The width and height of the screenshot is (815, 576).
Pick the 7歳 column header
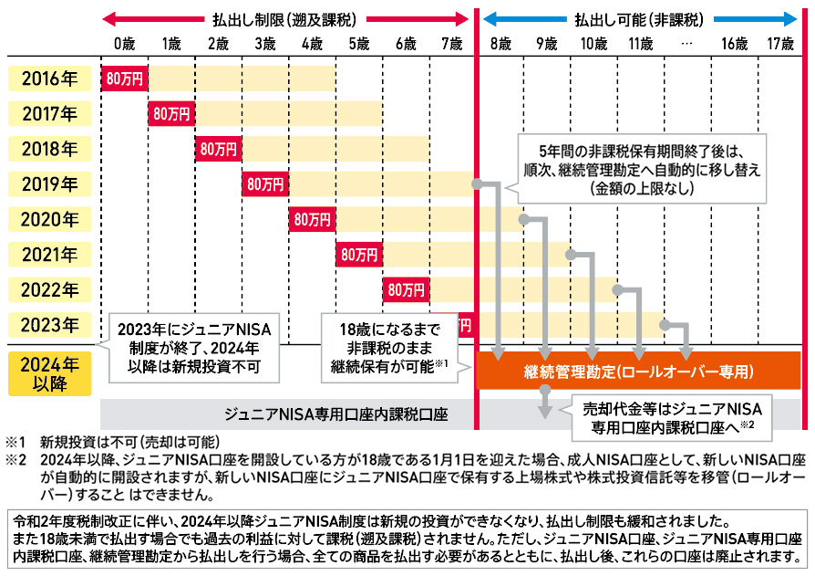click(451, 43)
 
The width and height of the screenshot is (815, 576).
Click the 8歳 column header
click(499, 43)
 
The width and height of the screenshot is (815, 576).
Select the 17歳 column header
click(780, 43)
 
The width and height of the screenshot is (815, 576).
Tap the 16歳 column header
click(734, 43)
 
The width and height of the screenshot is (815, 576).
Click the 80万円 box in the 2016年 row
click(124, 79)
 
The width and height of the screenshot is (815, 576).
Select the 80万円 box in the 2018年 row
click(218, 149)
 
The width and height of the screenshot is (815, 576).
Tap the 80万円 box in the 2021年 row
click(358, 255)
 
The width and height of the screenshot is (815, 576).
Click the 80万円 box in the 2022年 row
click(406, 290)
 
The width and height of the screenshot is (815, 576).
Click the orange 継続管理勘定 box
click(638, 372)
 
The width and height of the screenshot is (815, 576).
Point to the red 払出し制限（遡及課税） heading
click(284, 17)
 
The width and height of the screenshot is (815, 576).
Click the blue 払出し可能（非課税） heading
click(639, 17)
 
